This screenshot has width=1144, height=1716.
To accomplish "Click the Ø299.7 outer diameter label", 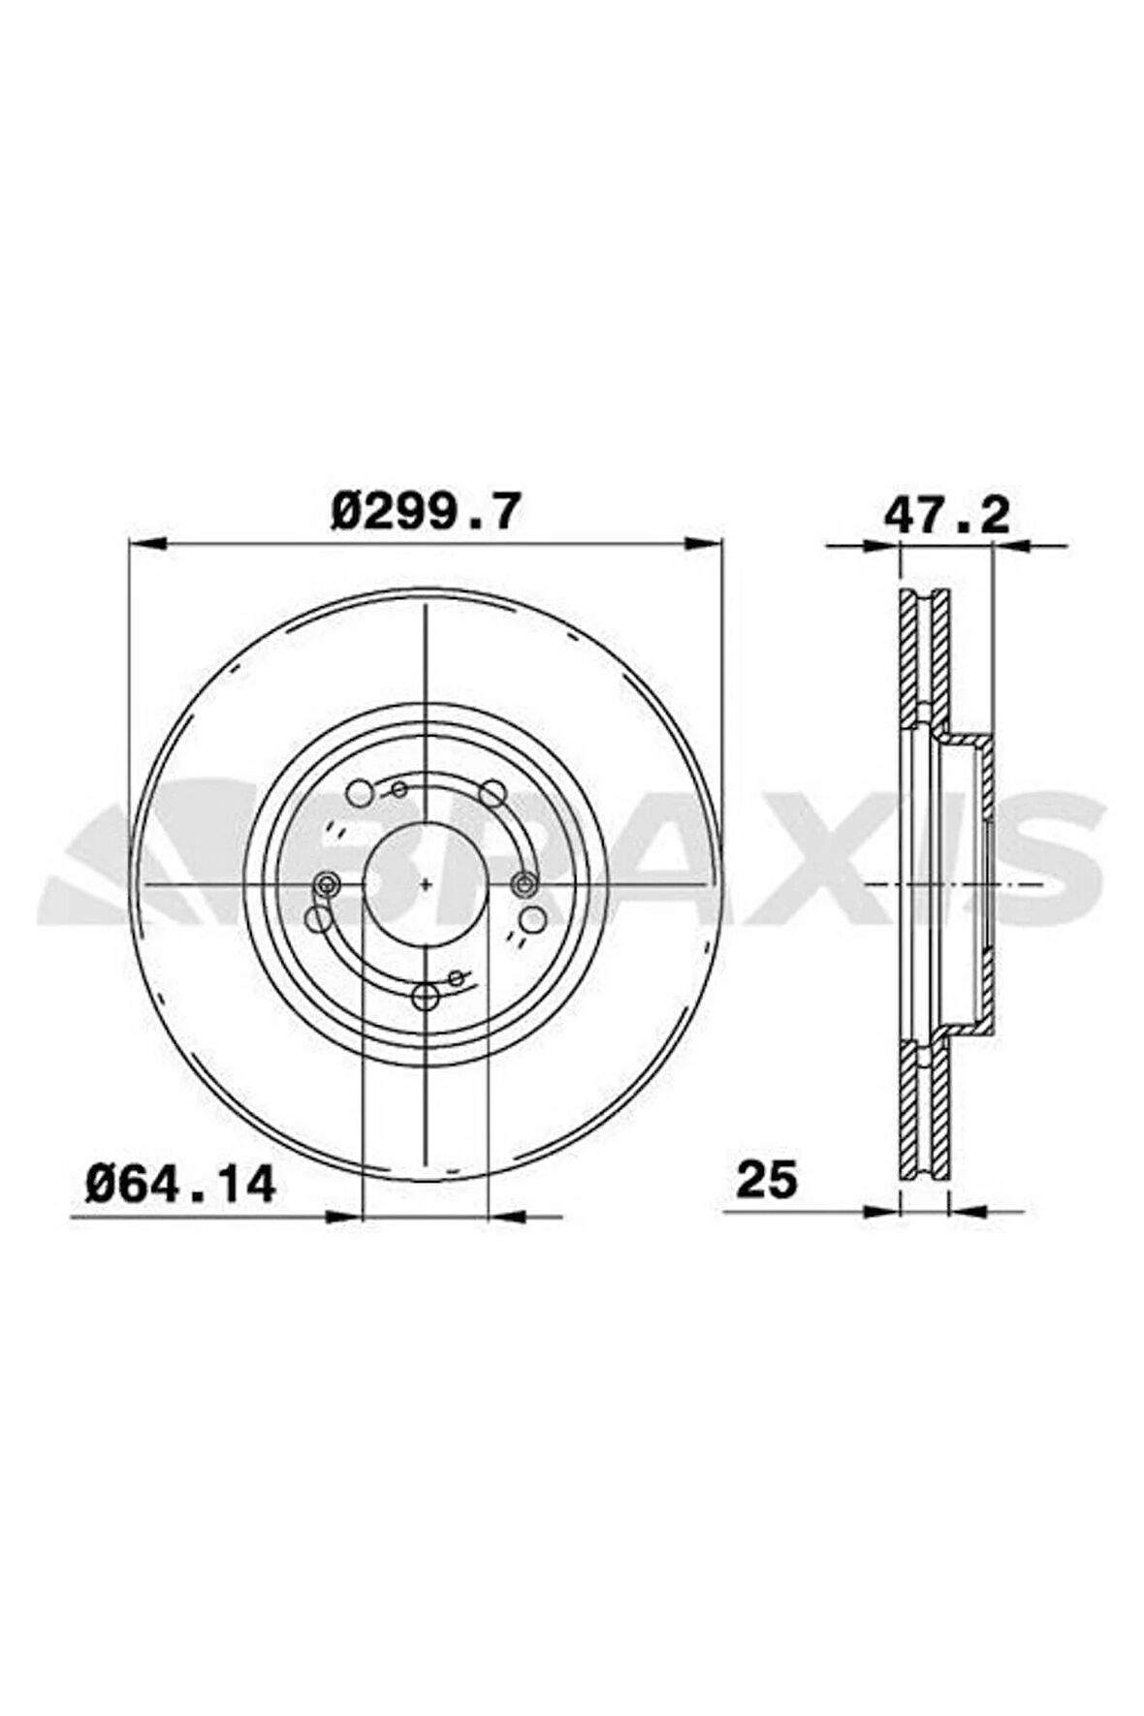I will (426, 511).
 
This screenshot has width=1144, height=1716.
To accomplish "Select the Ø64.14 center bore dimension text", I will (180, 1183).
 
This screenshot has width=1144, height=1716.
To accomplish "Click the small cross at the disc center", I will (427, 883).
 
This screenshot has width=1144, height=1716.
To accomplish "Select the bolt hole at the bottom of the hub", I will (426, 996).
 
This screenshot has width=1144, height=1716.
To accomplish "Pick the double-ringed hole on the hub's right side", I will (524, 883).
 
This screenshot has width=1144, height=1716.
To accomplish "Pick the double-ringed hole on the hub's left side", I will (327, 883).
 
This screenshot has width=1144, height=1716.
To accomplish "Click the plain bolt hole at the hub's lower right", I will (531, 917).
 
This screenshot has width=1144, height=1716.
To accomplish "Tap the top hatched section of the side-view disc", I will (924, 659).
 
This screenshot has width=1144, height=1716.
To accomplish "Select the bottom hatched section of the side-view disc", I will (924, 1110).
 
